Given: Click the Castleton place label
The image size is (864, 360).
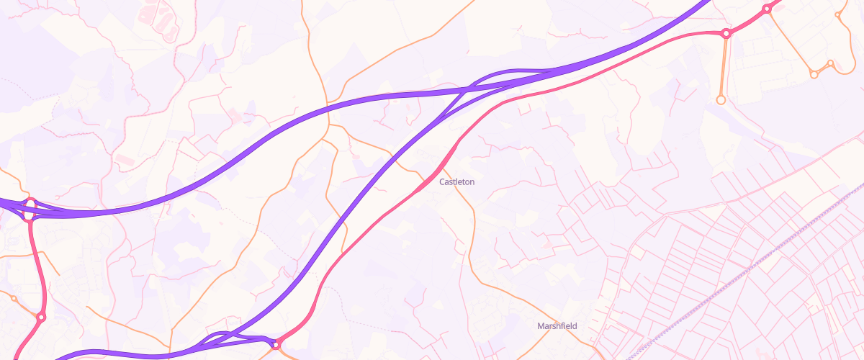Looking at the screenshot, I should point(456,182).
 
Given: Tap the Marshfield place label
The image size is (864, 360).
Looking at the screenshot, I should point(557,326).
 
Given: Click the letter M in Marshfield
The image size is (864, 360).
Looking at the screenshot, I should point(541,326).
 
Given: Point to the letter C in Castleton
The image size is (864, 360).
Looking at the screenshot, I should point(442,182).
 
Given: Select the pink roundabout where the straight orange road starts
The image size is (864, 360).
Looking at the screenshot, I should point(726,33).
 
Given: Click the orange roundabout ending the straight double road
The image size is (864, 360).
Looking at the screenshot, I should point(721,99).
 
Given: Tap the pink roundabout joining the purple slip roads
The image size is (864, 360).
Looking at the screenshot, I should point(275,346).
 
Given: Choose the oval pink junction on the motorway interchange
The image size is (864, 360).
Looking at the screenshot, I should point(30,210).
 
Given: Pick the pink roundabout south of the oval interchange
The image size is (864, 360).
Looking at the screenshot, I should point(41,317).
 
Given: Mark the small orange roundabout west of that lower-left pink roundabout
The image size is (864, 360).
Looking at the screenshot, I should point(13,298).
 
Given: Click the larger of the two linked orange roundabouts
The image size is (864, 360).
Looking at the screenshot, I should point(814,74).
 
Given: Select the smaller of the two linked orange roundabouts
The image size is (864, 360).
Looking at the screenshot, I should point(830,63).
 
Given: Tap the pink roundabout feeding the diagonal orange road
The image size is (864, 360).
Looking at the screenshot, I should point(767,9).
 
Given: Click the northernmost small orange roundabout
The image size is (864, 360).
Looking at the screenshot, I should point(838,14).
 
